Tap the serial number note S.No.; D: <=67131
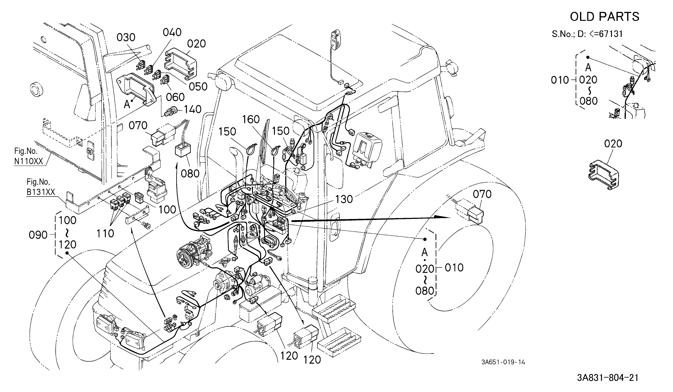click(587, 34)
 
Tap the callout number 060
click(175, 97)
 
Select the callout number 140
click(192, 109)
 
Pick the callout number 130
click(344, 199)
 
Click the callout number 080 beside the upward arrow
click(190, 174)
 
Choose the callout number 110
click(105, 234)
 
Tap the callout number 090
click(38, 235)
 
